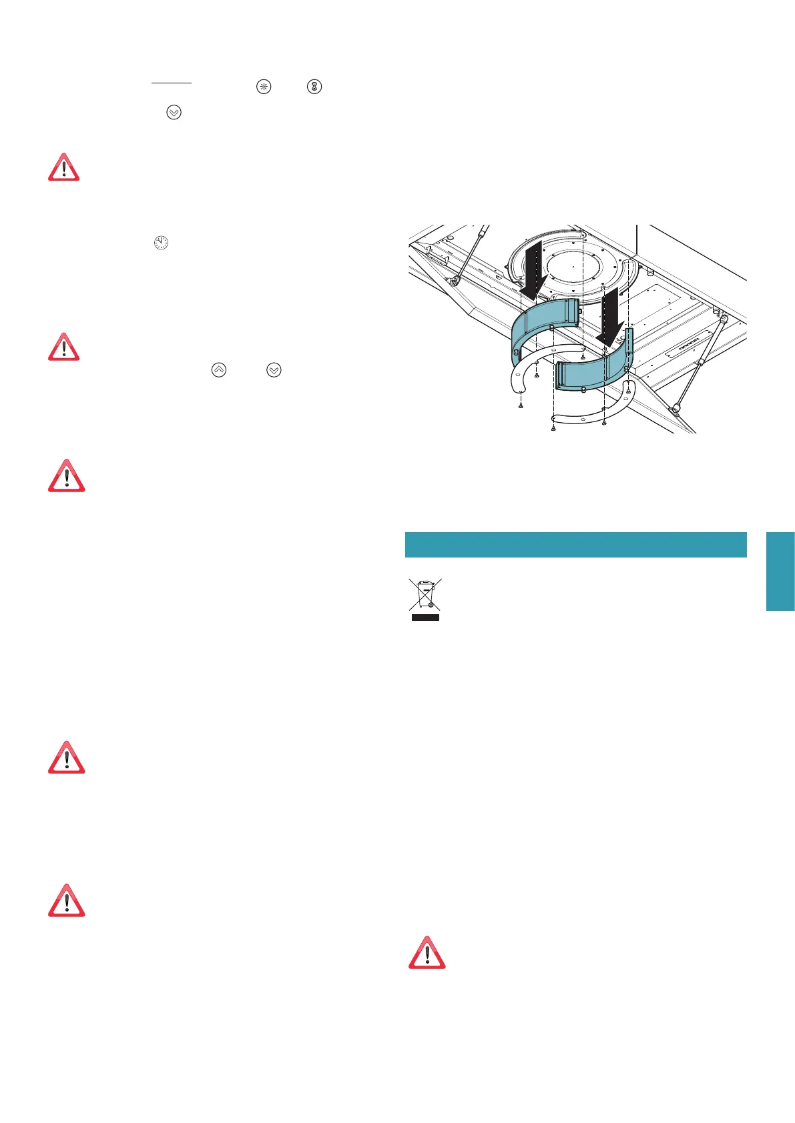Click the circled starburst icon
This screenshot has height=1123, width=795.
264,87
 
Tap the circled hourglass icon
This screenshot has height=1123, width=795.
314,87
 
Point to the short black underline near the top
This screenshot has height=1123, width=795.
172,83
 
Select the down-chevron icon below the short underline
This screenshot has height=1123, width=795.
174,113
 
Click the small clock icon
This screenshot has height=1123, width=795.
161,243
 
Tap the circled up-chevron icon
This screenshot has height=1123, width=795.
219,369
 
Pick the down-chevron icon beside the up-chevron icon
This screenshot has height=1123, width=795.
274,369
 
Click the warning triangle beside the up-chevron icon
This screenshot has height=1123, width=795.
64,347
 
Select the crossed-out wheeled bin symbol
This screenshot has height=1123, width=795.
425,596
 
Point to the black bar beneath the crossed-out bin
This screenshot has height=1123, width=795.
425,618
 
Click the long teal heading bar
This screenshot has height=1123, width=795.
575,544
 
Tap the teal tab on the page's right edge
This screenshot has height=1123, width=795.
780,571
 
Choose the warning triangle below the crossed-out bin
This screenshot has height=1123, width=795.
427,953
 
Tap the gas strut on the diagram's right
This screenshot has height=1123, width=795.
700,363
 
